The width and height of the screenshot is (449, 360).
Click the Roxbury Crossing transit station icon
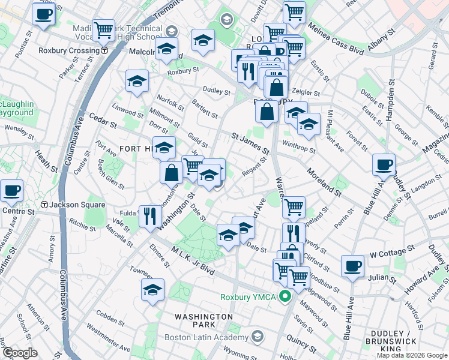tap(104, 51)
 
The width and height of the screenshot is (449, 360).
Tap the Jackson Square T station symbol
tap(44, 205)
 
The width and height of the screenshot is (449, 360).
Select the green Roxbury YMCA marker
tap(286, 295)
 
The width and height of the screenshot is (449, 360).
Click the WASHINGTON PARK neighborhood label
tap(203, 316)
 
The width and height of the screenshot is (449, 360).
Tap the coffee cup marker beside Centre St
tap(12, 191)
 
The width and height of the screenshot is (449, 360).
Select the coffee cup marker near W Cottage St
tap(352, 266)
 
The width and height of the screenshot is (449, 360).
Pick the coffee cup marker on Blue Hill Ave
tap(384, 164)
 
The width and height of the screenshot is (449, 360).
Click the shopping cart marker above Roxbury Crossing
tap(103, 28)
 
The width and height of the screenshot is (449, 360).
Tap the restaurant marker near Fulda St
tap(149, 215)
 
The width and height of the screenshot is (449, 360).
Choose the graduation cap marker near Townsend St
tap(153, 290)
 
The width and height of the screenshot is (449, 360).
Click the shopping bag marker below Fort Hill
tap(172, 172)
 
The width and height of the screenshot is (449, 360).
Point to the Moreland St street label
tap(324, 184)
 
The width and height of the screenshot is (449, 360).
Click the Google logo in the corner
tap(19, 353)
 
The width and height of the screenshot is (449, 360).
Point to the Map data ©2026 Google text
tap(412, 355)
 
